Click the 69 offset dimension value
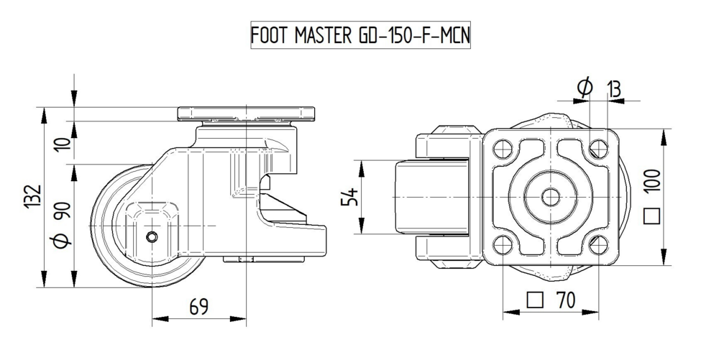pos(198,307)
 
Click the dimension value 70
pos(565,300)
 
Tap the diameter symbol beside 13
pos(585,88)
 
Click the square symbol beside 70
pos(534,300)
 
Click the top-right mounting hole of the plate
pos(595,150)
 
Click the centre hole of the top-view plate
pos(550,197)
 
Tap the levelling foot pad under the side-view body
pos(241,258)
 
